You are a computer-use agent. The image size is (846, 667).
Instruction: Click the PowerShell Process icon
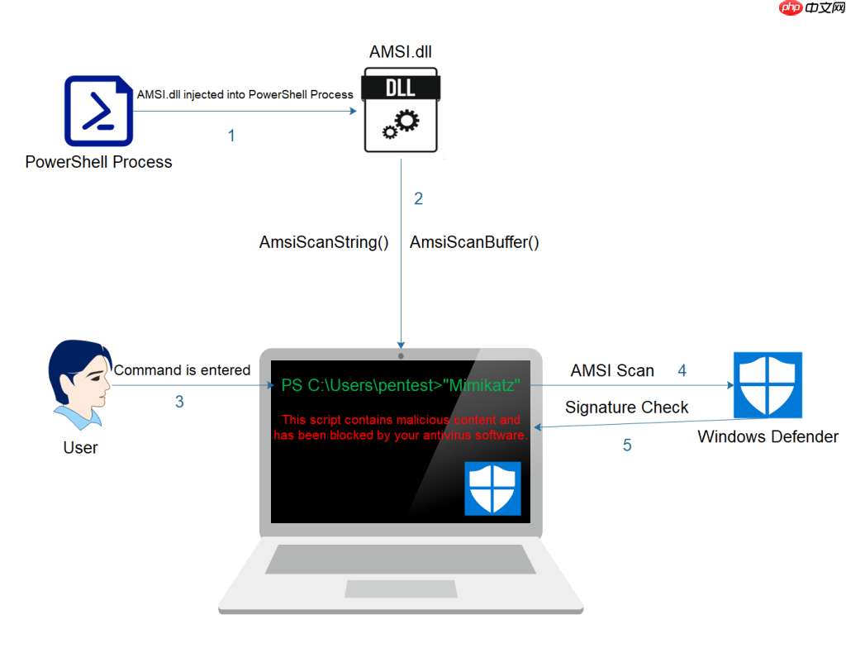coord(98,111)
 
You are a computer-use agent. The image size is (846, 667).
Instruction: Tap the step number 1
coord(231,136)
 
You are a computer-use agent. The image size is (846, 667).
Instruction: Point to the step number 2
coord(418,198)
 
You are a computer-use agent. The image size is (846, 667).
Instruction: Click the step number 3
coord(179,403)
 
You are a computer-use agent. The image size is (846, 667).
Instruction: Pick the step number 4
coord(682,370)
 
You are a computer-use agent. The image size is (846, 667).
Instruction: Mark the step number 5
coord(627,445)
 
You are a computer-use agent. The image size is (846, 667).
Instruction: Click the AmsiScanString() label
coord(324,243)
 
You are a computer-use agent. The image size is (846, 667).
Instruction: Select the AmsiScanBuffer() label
coord(474,243)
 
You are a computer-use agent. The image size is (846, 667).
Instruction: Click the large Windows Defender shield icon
coord(768,384)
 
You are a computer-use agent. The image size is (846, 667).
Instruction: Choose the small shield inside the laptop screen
coord(492,488)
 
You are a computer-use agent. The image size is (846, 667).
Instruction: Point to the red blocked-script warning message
coord(400,427)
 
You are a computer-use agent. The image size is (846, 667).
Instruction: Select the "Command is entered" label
coord(182,370)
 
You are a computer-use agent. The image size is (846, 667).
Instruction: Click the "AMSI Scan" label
coord(612,371)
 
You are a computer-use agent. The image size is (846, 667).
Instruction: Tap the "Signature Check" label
coord(626,407)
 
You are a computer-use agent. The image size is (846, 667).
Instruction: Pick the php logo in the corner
coord(791,11)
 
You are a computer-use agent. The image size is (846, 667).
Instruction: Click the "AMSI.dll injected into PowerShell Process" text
coord(245,94)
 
